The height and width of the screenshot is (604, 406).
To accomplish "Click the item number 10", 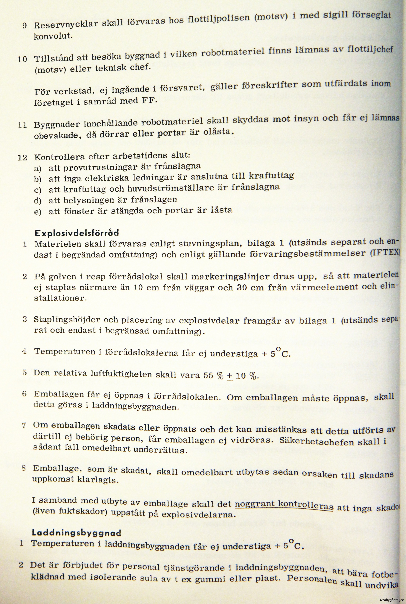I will click(22, 59).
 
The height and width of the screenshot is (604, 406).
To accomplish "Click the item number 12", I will click(22, 157).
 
